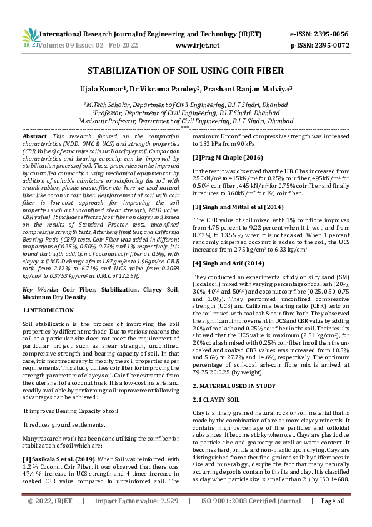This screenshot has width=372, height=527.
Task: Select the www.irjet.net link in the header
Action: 197,46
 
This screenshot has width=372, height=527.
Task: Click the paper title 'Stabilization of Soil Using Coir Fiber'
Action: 186,71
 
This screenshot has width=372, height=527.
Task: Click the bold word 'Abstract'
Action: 34,136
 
